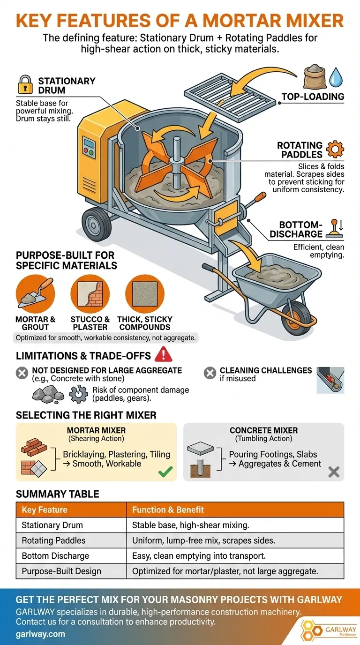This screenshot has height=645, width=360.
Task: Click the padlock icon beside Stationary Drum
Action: pos(25,84)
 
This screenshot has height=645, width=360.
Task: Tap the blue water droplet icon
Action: pos(336,77)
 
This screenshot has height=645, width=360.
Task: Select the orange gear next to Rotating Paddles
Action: pos(335,149)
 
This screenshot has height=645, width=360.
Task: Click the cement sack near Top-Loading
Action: pos(315,76)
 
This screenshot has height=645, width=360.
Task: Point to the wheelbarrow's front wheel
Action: pos(297,318)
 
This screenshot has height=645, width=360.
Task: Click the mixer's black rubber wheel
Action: pos(97,225)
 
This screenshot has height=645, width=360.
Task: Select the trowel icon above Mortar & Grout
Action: pos(36,294)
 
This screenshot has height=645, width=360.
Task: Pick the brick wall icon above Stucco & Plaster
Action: pos(90,294)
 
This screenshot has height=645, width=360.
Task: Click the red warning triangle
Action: pos(163,354)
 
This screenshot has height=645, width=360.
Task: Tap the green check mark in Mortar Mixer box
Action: pos(165,472)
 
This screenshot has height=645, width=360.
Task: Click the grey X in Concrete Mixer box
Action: pos(334,472)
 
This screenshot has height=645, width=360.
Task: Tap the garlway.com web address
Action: pos(40,634)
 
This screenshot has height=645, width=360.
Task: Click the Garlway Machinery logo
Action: pos(328,629)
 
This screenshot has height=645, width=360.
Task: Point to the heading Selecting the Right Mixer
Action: pos(86,415)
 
